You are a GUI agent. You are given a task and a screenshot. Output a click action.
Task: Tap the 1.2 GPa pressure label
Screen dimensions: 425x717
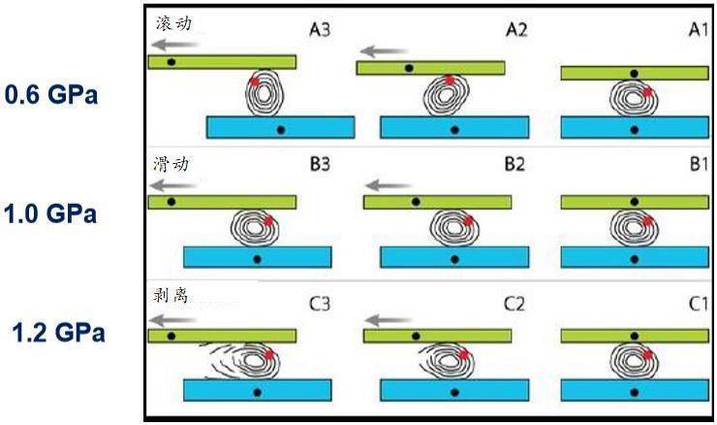tap(57, 333)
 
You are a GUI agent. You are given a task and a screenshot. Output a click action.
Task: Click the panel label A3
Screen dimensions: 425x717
tap(321, 31)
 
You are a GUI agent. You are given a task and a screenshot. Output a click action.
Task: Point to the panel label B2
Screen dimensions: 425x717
tap(514, 165)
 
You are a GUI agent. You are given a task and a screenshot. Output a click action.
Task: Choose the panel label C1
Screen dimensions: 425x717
tap(699, 304)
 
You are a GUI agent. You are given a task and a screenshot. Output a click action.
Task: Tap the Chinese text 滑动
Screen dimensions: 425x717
tap(171, 164)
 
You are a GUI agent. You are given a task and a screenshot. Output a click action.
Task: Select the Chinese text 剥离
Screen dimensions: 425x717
tap(171, 294)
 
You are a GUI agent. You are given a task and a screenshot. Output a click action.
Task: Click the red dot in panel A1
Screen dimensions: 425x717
tap(647, 91)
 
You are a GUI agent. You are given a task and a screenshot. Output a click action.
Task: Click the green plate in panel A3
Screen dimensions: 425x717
tap(222, 62)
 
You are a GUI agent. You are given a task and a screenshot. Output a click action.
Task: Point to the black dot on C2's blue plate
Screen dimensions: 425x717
tap(454, 392)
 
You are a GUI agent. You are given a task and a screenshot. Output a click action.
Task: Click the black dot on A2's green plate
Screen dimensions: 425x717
tap(409, 69)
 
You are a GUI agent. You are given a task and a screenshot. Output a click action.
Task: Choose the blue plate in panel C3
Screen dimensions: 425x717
tap(257, 390)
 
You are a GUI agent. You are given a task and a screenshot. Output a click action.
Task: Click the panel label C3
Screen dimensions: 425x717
tap(321, 304)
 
